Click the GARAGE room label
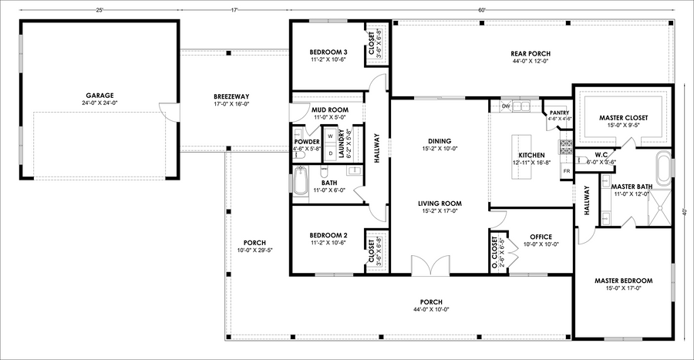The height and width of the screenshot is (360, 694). click(99, 96)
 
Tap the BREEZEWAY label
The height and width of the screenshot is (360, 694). click(231, 96)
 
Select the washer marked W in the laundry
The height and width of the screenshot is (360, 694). click(330, 136)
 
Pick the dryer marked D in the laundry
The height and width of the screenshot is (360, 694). click(330, 153)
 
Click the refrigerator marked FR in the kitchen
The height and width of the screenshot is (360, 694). click(567, 171)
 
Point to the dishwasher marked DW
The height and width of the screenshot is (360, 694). click(506, 106)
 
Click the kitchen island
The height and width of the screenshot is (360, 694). click(522, 157)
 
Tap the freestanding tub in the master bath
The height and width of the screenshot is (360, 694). click(662, 169)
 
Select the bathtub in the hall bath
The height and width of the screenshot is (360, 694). click(301, 181)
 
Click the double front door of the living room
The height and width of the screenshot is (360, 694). click(430, 266)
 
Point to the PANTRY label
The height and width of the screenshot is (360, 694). click(560, 113)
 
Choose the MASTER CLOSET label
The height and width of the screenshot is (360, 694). click(623, 118)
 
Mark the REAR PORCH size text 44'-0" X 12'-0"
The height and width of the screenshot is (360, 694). click(531, 62)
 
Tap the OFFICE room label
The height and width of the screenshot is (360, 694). click(541, 237)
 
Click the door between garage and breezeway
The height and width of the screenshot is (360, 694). click(165, 112)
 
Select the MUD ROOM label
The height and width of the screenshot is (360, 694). click(330, 109)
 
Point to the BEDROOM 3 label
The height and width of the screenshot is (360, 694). click(328, 52)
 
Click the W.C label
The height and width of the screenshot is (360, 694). click(601, 155)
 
